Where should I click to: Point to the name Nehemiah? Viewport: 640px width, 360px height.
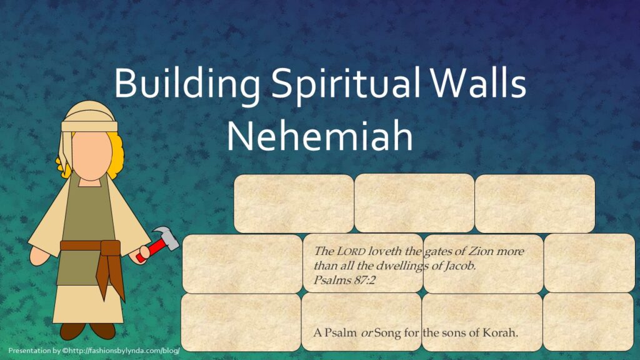(x=319, y=136)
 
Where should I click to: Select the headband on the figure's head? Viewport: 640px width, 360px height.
(x=89, y=126)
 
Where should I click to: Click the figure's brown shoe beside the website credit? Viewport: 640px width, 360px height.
(x=72, y=331)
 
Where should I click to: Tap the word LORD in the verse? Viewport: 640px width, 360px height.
(x=351, y=251)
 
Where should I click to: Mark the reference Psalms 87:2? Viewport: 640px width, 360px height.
(x=344, y=280)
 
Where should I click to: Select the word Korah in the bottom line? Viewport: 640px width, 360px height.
(x=500, y=332)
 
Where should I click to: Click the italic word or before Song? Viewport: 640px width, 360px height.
(x=366, y=333)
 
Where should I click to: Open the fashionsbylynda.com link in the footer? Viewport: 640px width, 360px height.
(x=124, y=351)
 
